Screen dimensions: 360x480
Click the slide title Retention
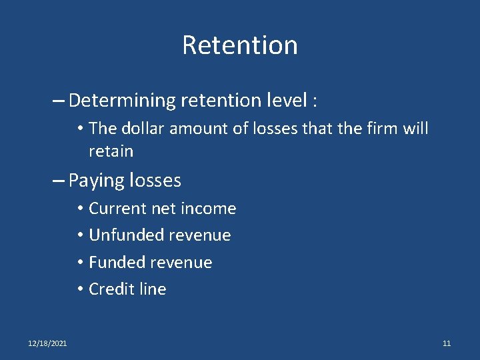(239, 45)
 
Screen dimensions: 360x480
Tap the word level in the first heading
(285, 101)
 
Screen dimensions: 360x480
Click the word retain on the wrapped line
(111, 151)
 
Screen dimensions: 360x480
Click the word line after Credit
(153, 289)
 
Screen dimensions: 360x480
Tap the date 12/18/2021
(47, 343)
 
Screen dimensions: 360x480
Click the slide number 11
(447, 343)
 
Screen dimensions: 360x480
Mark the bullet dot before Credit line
(79, 290)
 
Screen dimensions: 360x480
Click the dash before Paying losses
(57, 181)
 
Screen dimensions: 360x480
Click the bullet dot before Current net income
(79, 209)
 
